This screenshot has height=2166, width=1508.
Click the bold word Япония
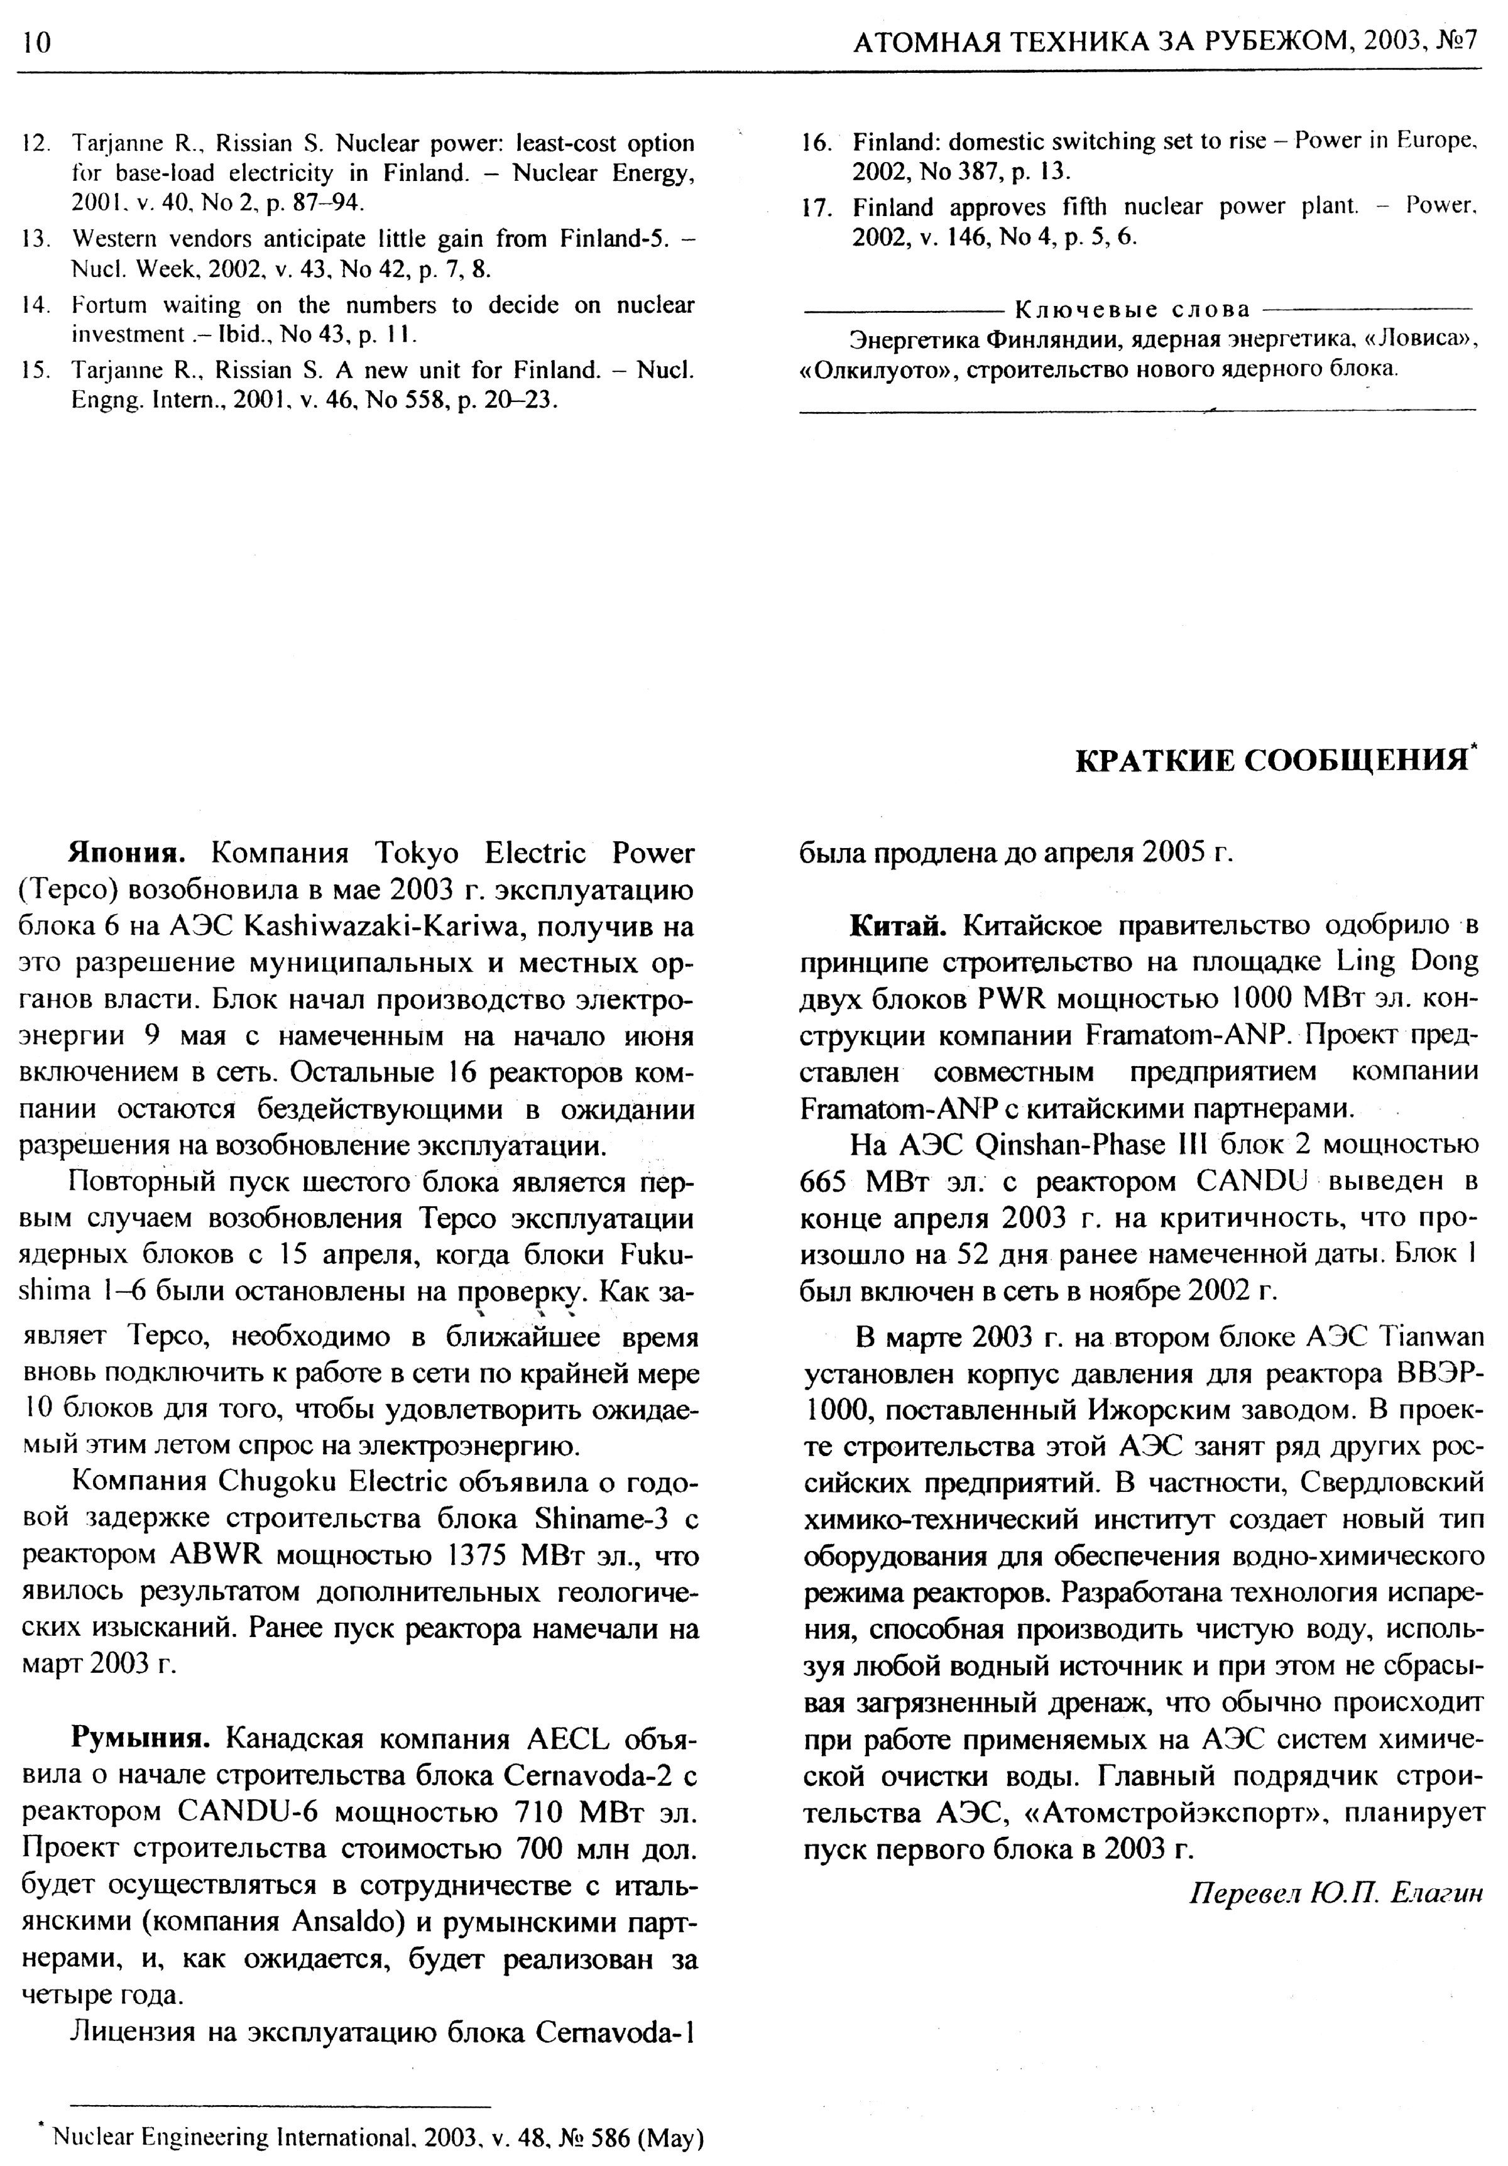pyautogui.click(x=126, y=853)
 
